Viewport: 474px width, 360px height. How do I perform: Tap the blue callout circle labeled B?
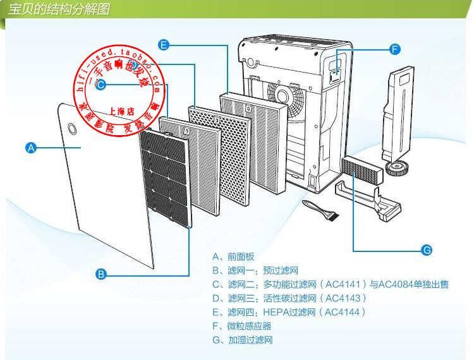(100, 274)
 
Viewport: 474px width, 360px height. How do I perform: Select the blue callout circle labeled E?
(164, 45)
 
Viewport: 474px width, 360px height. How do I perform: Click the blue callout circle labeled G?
(427, 251)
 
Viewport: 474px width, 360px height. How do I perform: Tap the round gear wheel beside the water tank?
(396, 168)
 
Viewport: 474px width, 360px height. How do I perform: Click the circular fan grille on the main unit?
(286, 96)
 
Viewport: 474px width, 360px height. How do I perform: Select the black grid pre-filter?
(166, 174)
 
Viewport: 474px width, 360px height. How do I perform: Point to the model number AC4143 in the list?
(344, 298)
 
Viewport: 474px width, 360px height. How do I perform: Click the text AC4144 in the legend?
(344, 312)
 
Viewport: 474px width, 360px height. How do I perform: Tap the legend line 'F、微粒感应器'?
(242, 326)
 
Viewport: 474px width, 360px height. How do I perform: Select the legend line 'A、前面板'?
(233, 256)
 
